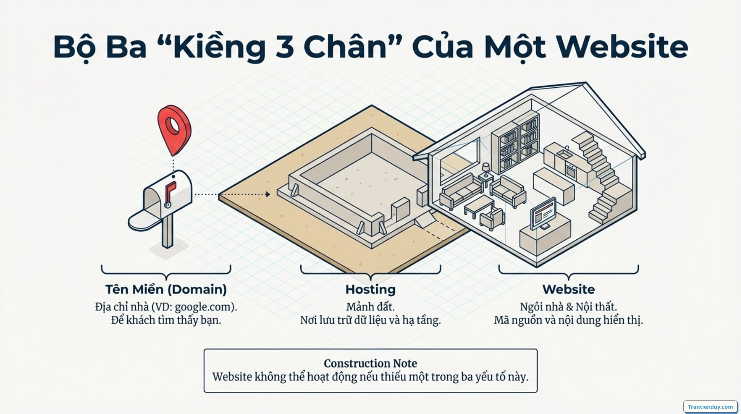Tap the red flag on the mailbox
tap(170, 191)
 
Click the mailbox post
tap(167, 230)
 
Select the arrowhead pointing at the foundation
tap(267, 194)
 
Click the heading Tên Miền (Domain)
tap(166, 289)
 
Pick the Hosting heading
tap(370, 289)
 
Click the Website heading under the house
tap(568, 289)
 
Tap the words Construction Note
tap(370, 363)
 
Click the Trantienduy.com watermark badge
tap(710, 407)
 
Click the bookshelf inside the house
tap(515, 142)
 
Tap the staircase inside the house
tap(602, 174)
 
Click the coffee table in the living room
tap(478, 204)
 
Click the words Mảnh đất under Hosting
tap(370, 307)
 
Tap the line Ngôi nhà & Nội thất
tap(568, 307)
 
